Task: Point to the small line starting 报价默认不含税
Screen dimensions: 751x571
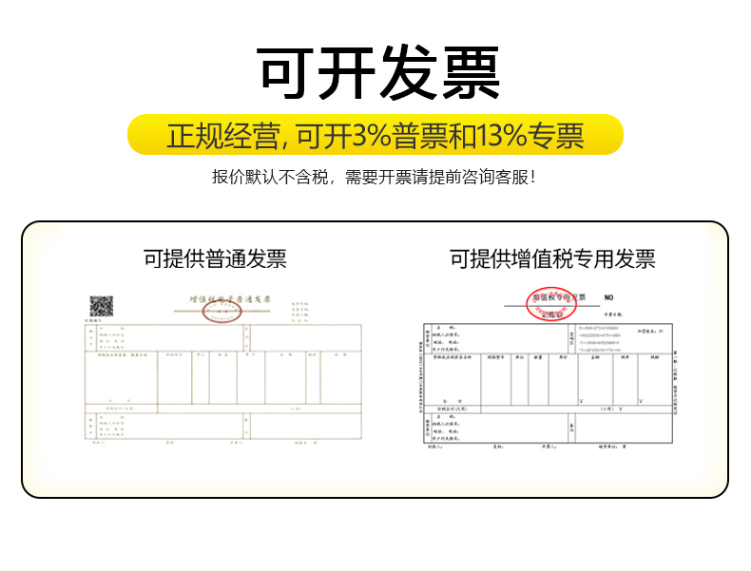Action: (375, 177)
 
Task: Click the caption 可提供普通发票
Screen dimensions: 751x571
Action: (215, 258)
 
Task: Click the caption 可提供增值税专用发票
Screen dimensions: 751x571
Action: (552, 258)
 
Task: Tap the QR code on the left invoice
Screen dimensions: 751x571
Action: (102, 306)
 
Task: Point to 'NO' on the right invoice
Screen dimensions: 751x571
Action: (609, 298)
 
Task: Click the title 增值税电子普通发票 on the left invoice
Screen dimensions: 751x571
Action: (230, 298)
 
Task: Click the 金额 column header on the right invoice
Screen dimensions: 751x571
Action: (594, 357)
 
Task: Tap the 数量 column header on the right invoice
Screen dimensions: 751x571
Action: (537, 357)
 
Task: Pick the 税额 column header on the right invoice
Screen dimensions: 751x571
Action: (655, 357)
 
